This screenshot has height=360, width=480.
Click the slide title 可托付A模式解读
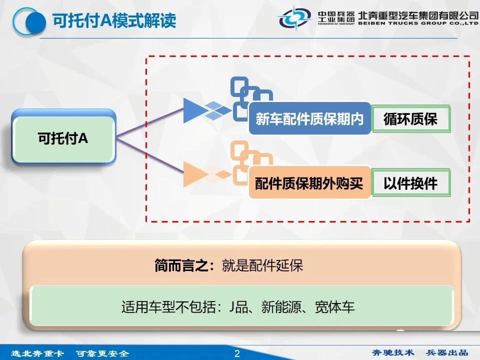coord(114,20)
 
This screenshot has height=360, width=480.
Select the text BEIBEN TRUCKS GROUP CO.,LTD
coord(418,23)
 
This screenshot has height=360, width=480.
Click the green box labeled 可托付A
coord(63,138)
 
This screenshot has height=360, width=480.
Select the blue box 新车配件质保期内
coord(309,119)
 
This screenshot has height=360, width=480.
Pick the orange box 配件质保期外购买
coord(309,183)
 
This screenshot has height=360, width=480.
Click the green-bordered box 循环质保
coord(411,119)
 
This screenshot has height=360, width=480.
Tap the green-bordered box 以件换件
coord(411,183)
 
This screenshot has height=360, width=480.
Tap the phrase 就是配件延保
coord(262,265)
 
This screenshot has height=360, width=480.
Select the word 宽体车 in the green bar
coord(335,306)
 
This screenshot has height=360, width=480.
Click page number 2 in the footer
coord(237,353)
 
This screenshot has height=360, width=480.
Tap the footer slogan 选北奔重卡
coord(37,353)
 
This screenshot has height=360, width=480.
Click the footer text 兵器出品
coord(446,352)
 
